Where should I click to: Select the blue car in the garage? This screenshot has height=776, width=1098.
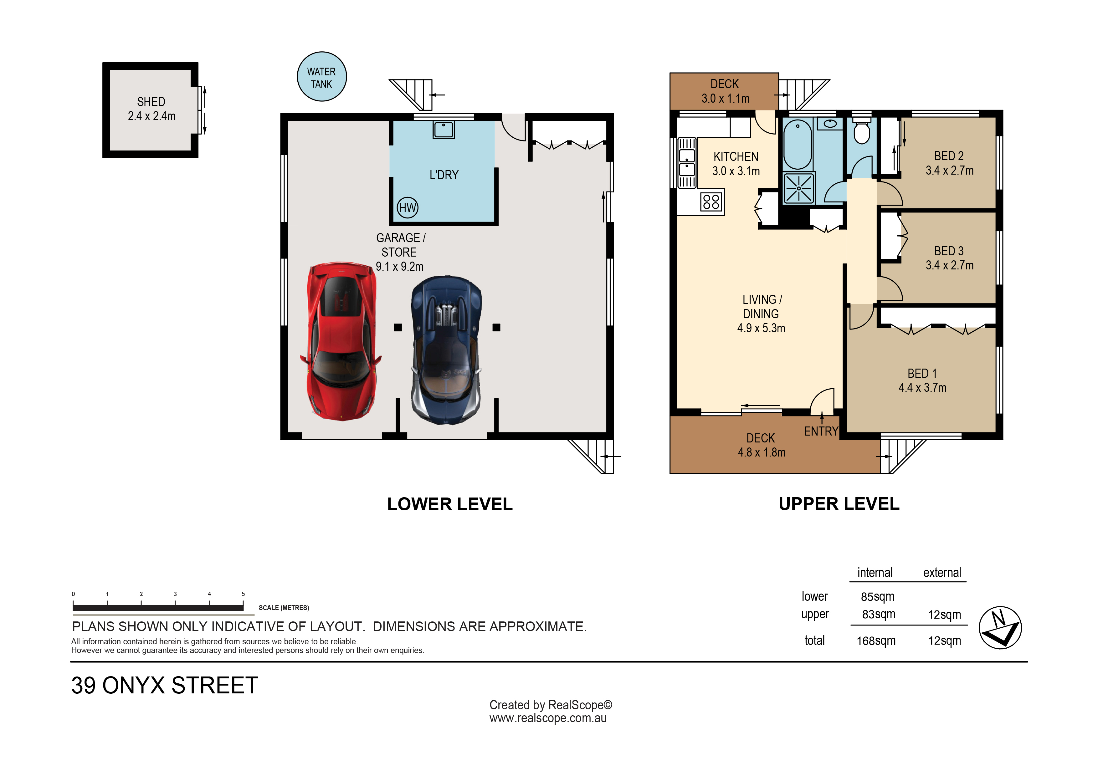446,350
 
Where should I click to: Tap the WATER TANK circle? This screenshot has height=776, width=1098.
321,76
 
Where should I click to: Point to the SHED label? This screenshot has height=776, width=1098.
151,102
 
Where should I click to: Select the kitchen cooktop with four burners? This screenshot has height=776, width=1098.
711,202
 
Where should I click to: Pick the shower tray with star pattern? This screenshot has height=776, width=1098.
799,188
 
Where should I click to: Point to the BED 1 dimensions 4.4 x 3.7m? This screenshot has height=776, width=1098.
922,388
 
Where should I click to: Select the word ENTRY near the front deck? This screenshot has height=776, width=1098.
821,431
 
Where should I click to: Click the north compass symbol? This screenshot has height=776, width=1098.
1000,628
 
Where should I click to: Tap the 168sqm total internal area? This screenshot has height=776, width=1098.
876,641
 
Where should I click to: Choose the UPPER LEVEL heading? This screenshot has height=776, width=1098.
839,504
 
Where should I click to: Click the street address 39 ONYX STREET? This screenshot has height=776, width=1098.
165,686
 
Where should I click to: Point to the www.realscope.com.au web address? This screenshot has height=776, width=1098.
548,719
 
